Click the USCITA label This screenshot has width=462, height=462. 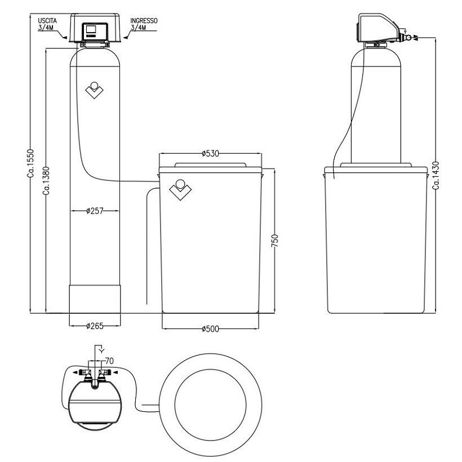(47, 21)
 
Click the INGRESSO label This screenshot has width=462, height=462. (144, 21)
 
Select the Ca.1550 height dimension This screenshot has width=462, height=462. (30, 163)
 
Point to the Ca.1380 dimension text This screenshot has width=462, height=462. (46, 181)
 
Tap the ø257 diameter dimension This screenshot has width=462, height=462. (95, 211)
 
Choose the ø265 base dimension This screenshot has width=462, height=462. (95, 326)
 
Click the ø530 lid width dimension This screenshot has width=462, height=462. (210, 153)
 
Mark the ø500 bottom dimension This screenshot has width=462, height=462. (210, 329)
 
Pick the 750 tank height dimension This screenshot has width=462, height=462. (274, 241)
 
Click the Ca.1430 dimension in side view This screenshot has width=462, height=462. (436, 175)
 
